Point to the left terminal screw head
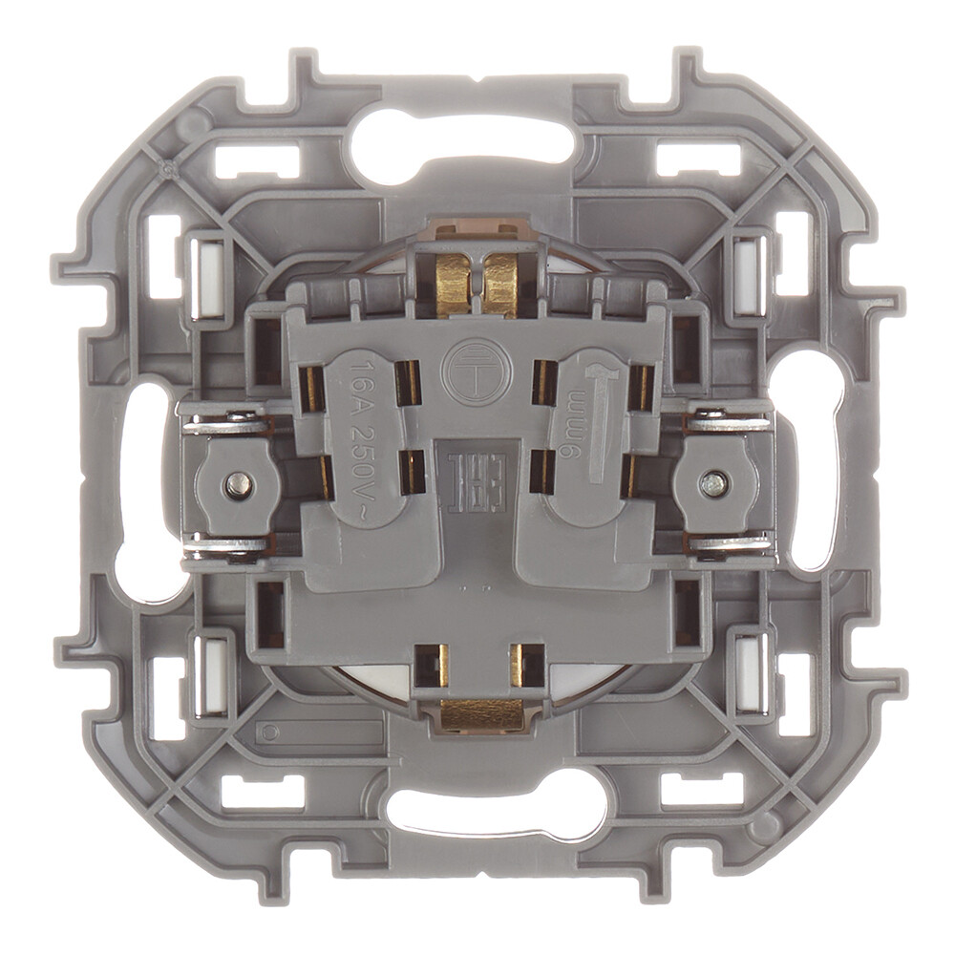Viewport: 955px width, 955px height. click(x=235, y=484)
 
